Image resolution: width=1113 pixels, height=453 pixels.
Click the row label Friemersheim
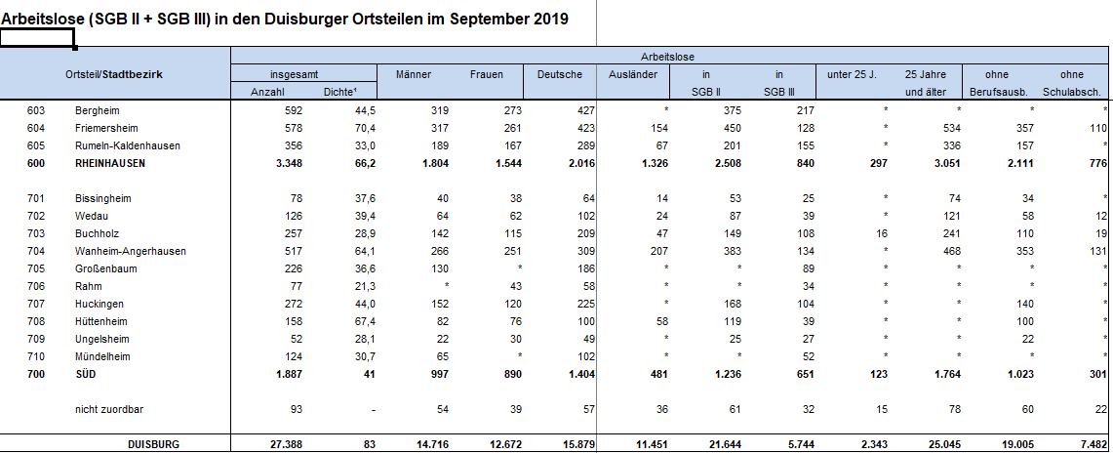pyautogui.click(x=105, y=129)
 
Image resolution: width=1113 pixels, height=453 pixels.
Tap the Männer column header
pyautogui.click(x=414, y=74)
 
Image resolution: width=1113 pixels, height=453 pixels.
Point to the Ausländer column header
pyautogui.click(x=633, y=74)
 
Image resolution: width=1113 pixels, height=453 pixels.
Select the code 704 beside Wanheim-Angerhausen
pyautogui.click(x=36, y=251)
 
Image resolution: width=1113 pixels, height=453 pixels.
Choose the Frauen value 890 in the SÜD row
pyautogui.click(x=512, y=374)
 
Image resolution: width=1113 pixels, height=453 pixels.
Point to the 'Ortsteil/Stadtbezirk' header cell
pyautogui.click(x=114, y=74)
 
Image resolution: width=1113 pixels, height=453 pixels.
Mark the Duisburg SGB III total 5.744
pyautogui.click(x=799, y=444)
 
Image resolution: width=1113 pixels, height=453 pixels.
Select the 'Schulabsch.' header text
pyautogui.click(x=1072, y=93)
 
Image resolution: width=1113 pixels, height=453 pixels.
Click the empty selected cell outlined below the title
pyautogui.click(x=37, y=38)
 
